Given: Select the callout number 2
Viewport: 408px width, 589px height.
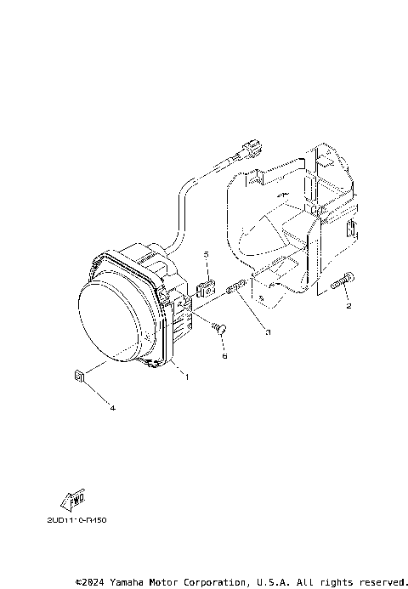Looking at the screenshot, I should point(348,303).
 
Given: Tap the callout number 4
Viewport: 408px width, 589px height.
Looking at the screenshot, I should point(113,408).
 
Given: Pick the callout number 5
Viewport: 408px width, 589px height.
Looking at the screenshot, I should point(205,254).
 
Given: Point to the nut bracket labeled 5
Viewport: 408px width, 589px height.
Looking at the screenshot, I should point(205,286).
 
